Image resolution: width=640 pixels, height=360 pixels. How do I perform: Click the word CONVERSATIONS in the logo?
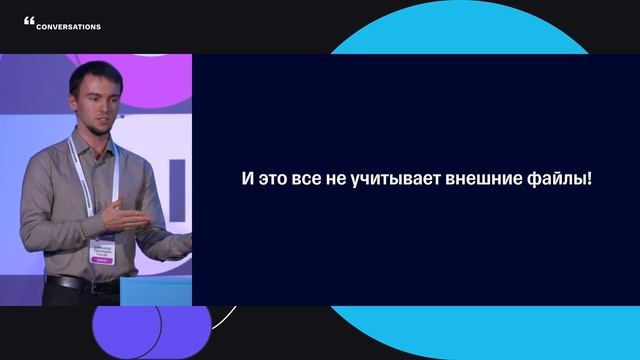[68, 27]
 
